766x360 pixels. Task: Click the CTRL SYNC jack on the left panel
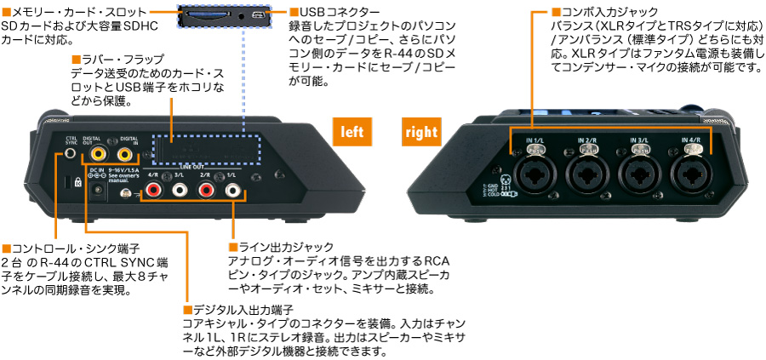coord(70,155)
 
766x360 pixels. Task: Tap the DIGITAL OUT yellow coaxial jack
coord(99,155)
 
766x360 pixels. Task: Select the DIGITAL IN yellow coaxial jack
coord(126,155)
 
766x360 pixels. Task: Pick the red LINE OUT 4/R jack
coord(153,191)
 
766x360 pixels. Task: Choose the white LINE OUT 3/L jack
coord(180,191)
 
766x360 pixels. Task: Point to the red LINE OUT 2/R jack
coord(206,191)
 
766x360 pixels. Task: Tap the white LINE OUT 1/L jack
coord(232,191)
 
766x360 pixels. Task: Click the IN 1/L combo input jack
coord(533,174)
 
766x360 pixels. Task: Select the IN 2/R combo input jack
coord(586,174)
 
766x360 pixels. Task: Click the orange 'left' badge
coord(352,133)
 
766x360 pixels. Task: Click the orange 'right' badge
coord(422,133)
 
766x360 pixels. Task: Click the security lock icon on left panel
coord(77,183)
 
